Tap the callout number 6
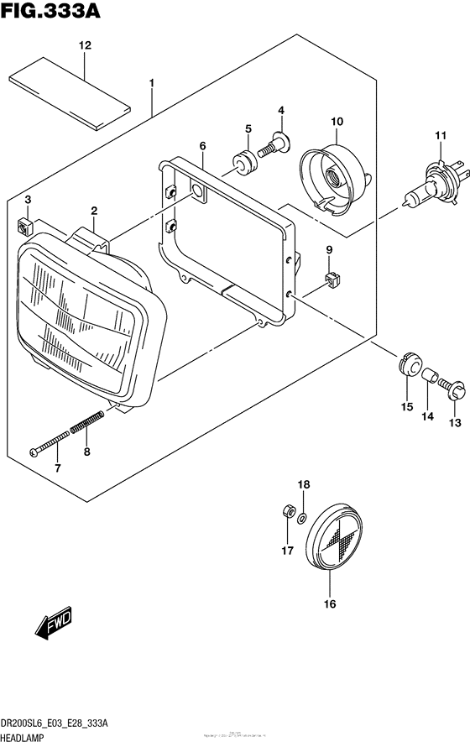tap(202, 147)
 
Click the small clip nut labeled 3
tap(24, 225)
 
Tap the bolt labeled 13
tap(455, 387)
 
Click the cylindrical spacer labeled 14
tap(431, 379)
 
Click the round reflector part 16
tap(333, 540)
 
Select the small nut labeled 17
tap(286, 512)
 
